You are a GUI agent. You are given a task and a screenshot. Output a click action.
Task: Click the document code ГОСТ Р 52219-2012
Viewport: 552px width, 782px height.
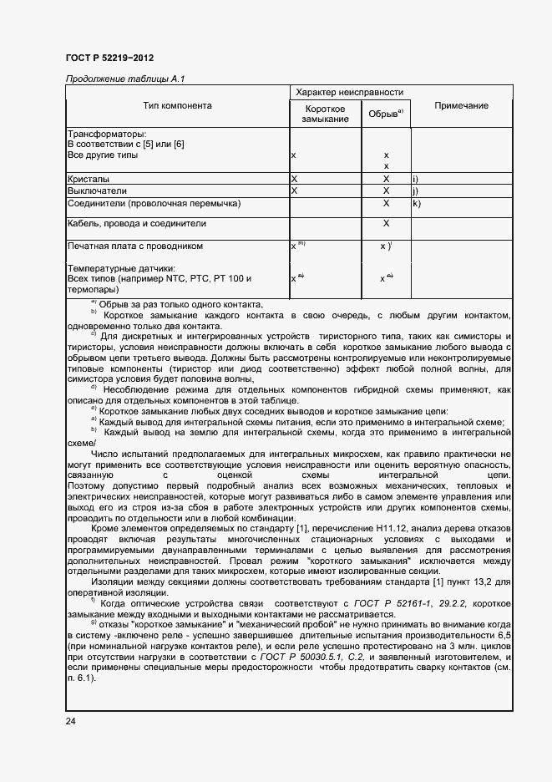pos(109,58)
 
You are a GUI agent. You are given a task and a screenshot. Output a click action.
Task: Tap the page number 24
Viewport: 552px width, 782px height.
pos(70,722)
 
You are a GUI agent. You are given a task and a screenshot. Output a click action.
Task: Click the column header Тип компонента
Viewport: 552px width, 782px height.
pos(177,106)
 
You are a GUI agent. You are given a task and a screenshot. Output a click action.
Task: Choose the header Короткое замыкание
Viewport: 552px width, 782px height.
pos(325,114)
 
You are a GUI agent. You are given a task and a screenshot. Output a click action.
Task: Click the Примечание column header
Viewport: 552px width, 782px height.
pos(461,106)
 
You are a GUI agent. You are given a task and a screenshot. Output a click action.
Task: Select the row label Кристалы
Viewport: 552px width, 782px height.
pos(88,179)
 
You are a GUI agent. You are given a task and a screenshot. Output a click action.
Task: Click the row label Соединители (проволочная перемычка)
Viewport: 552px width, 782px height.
pos(153,203)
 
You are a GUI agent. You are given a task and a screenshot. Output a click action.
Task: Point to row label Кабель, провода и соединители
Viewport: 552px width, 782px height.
pos(136,224)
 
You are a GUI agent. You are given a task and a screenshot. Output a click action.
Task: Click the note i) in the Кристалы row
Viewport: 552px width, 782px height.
pos(415,179)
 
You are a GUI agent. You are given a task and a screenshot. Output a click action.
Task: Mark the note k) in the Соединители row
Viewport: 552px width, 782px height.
pos(416,203)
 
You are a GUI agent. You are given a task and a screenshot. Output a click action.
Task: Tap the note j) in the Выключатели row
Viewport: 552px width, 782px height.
pos(415,190)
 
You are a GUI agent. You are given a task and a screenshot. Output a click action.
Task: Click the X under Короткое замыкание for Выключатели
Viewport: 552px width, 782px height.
pos(294,190)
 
